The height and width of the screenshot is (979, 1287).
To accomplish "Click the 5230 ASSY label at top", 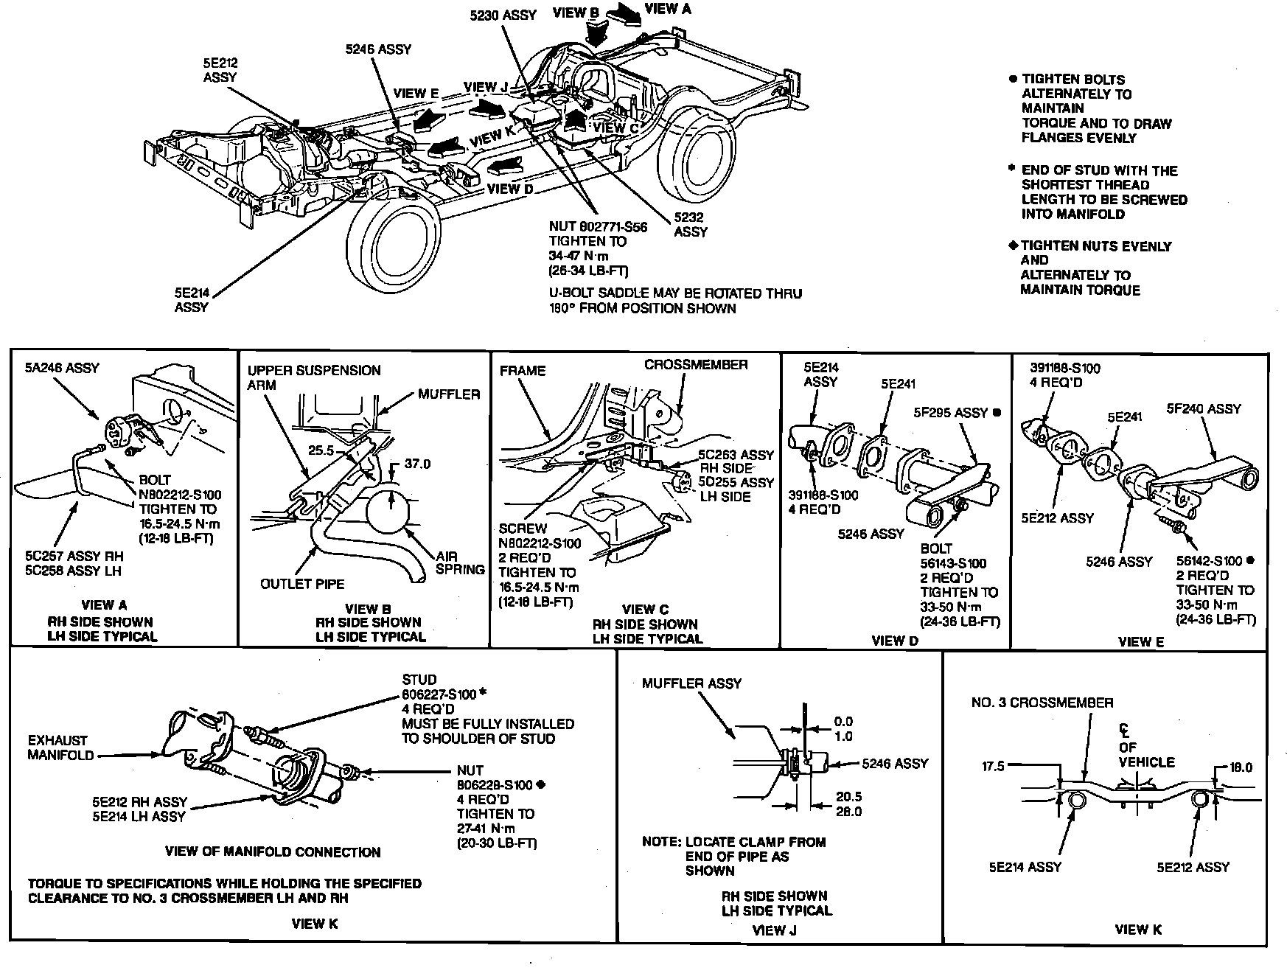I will pyautogui.click(x=503, y=15).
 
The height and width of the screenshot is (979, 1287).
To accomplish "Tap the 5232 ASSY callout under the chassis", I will pyautogui.click(x=690, y=225).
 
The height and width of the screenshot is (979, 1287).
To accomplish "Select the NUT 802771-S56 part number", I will pyautogui.click(x=598, y=227).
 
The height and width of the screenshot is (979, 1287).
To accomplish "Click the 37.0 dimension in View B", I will pyautogui.click(x=417, y=464).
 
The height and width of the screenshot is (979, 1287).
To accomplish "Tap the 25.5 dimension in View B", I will pyautogui.click(x=322, y=449).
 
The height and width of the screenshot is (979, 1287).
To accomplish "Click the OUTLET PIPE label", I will pyautogui.click(x=302, y=584).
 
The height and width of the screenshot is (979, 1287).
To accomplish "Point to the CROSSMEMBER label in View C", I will pyautogui.click(x=695, y=365).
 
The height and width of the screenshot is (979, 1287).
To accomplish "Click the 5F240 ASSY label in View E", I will pyautogui.click(x=1204, y=408).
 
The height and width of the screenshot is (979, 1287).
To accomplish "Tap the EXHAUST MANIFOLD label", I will pyautogui.click(x=60, y=748).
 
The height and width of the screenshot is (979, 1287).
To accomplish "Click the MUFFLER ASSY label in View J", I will pyautogui.click(x=691, y=683).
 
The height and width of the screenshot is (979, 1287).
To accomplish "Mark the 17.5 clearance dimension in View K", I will pyautogui.click(x=993, y=767).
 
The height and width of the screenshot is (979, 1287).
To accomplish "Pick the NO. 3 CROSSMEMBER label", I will pyautogui.click(x=1042, y=703).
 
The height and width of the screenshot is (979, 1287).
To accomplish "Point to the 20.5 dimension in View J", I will pyautogui.click(x=849, y=797).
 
